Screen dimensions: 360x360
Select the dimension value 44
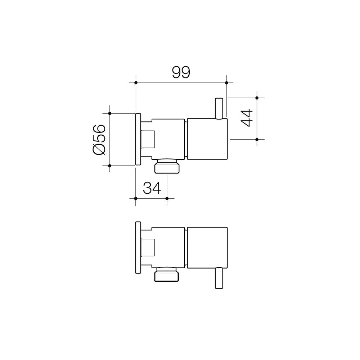247,118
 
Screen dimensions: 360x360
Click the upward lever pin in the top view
218,108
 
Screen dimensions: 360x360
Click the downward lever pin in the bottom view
218,278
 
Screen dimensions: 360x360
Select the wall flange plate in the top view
138,139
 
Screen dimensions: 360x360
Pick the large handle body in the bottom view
207,247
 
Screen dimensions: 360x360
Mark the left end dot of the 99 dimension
136,83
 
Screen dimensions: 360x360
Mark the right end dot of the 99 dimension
226,83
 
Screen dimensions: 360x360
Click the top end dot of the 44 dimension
257,98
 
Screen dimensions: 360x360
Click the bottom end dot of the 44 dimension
257,139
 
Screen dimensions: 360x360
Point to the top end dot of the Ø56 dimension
109,113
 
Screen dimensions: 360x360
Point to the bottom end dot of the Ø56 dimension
109,166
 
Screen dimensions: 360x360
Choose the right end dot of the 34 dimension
167,198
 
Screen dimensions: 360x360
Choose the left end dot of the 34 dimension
135,198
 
